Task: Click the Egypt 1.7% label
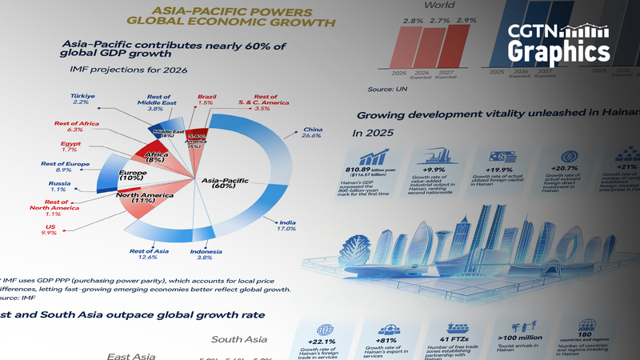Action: click(x=71, y=147)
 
